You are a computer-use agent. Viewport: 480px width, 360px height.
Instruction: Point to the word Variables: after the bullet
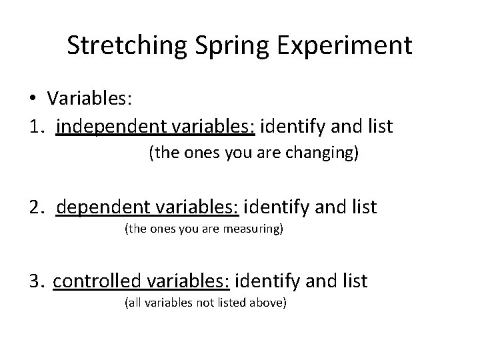coord(90,99)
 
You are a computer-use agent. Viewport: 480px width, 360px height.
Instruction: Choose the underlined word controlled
coord(91,281)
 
